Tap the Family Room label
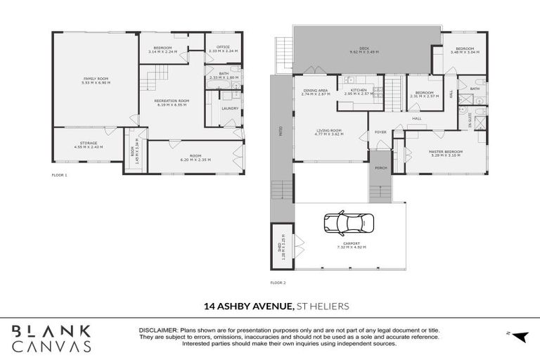coord(96,79)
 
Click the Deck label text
coord(364,49)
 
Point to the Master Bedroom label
coord(446,151)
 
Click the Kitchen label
coord(354,90)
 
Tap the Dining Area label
coord(315,90)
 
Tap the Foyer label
coord(380,132)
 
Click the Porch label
coord(380,168)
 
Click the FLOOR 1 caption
coord(60,174)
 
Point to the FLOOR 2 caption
coord(278,283)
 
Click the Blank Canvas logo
coord(51,337)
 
